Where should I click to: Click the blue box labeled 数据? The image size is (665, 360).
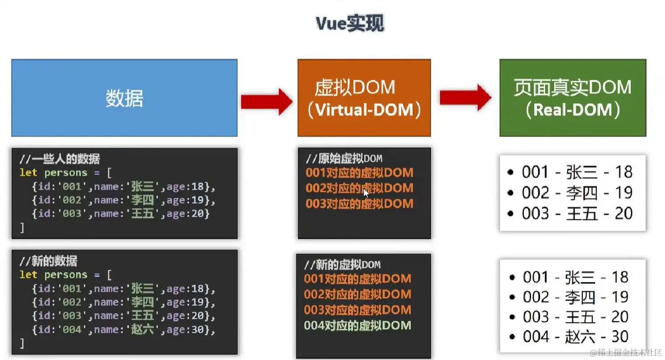pos(124,98)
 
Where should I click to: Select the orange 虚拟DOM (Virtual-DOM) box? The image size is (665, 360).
pos(364,98)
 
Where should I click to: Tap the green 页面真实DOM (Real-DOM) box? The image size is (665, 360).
pos(573,98)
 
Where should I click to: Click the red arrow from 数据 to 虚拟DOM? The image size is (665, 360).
pos(266,102)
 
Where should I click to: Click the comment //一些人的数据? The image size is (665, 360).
pos(60,159)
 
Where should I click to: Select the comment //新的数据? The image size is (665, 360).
pos(48,261)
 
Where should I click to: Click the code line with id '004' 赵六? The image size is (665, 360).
pos(123,329)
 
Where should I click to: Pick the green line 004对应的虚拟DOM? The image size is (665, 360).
pos(357,325)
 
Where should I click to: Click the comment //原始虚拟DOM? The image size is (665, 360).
pos(344,159)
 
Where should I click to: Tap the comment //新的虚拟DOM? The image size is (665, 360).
pos(342,264)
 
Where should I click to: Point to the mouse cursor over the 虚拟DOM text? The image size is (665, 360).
pos(366,193)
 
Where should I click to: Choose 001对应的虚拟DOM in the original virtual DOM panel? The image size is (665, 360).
pos(359,173)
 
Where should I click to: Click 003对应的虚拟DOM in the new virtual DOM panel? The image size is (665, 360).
pos(357,310)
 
